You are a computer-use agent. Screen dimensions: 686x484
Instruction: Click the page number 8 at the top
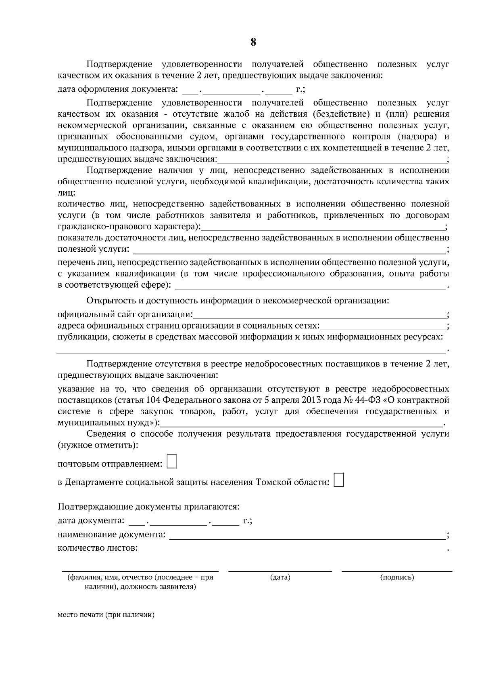(x=253, y=42)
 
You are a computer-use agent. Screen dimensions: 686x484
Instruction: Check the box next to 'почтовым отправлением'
(x=172, y=461)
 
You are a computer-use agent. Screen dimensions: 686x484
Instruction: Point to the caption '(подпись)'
(x=397, y=577)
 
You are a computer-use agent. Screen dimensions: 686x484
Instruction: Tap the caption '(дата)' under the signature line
(x=280, y=577)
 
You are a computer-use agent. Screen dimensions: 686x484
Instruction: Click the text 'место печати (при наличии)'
(x=106, y=615)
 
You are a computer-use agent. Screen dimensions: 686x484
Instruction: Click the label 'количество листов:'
(x=98, y=548)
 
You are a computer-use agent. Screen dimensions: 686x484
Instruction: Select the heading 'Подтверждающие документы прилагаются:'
(x=149, y=507)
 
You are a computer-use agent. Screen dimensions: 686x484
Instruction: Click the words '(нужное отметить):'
(x=98, y=445)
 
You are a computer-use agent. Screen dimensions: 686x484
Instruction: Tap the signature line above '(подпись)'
(x=397, y=571)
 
